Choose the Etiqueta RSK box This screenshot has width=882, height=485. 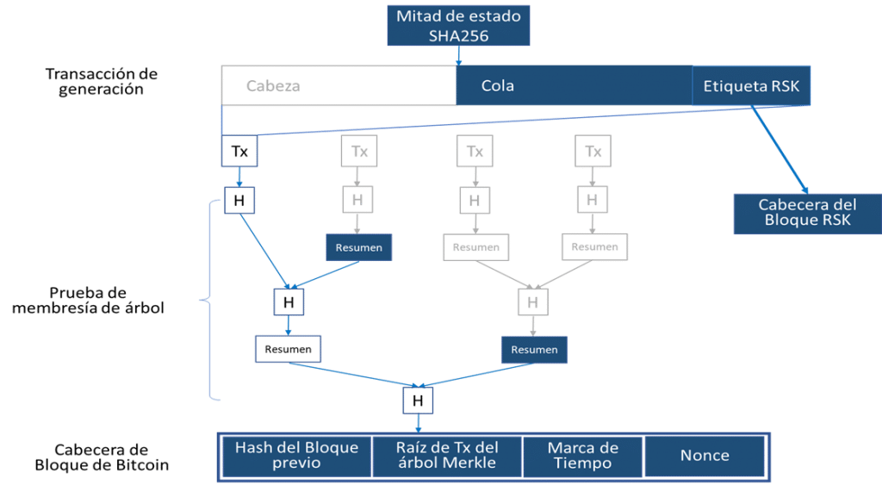751,86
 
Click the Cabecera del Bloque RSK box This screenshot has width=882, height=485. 806,212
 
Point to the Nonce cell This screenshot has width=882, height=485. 705,456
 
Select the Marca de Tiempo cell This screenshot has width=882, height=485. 582,456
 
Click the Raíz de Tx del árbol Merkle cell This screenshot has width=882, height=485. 446,456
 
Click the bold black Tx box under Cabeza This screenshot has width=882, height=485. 239,152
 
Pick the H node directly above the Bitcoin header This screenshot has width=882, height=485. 418,401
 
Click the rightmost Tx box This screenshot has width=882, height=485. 593,152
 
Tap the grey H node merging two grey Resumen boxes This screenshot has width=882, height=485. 532,302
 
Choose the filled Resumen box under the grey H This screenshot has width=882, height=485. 534,349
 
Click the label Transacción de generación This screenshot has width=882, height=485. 102,81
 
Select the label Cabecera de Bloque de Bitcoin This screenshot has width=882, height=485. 102,457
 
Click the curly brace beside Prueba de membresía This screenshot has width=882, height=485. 207,300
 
